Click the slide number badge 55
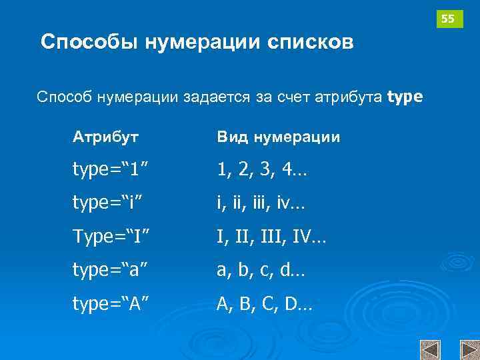pyautogui.click(x=449, y=19)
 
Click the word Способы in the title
pyautogui.click(x=90, y=43)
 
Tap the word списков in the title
pyautogui.click(x=310, y=43)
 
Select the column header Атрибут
pyautogui.click(x=106, y=137)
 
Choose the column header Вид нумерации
pyautogui.click(x=278, y=137)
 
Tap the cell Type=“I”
pyautogui.click(x=111, y=236)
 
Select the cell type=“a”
pyautogui.click(x=111, y=270)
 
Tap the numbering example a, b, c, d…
pyautogui.click(x=261, y=270)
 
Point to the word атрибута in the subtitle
pyautogui.click(x=350, y=98)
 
